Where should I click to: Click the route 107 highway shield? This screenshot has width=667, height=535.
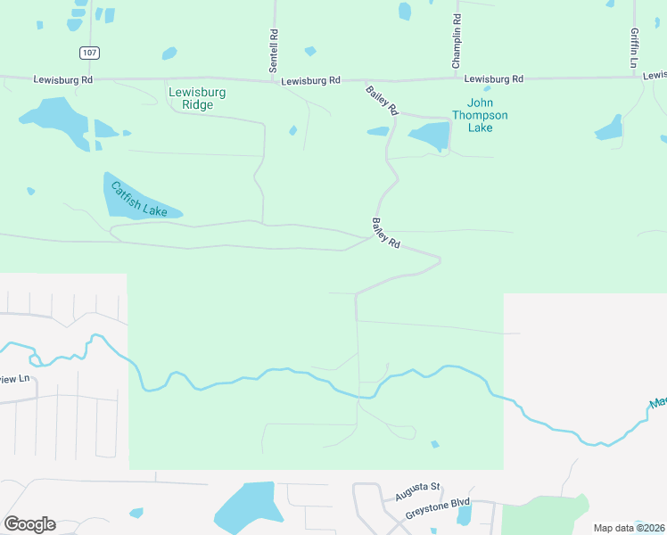pos(88,53)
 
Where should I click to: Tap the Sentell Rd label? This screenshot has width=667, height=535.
pos(275,50)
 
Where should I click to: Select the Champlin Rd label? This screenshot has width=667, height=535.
pos(456,42)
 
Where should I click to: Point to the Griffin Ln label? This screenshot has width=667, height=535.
pos(634,48)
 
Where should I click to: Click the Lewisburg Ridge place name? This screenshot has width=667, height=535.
pos(197,98)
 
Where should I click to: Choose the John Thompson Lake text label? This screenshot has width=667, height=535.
pos(480,115)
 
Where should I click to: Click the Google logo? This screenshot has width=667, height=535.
pos(29,524)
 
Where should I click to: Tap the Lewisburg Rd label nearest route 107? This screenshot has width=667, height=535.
pos(63,79)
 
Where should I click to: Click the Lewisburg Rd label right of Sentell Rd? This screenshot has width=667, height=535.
pos(310,81)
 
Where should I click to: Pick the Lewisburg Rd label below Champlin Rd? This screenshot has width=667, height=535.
pos(493,79)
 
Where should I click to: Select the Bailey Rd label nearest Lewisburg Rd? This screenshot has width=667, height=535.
pos(382,99)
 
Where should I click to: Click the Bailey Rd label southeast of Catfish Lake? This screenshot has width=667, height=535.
pos(386,233)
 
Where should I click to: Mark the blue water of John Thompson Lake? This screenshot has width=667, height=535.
pos(431,136)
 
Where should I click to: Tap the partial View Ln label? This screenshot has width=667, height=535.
pos(14,379)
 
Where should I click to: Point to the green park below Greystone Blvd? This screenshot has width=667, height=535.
pos(544,517)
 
